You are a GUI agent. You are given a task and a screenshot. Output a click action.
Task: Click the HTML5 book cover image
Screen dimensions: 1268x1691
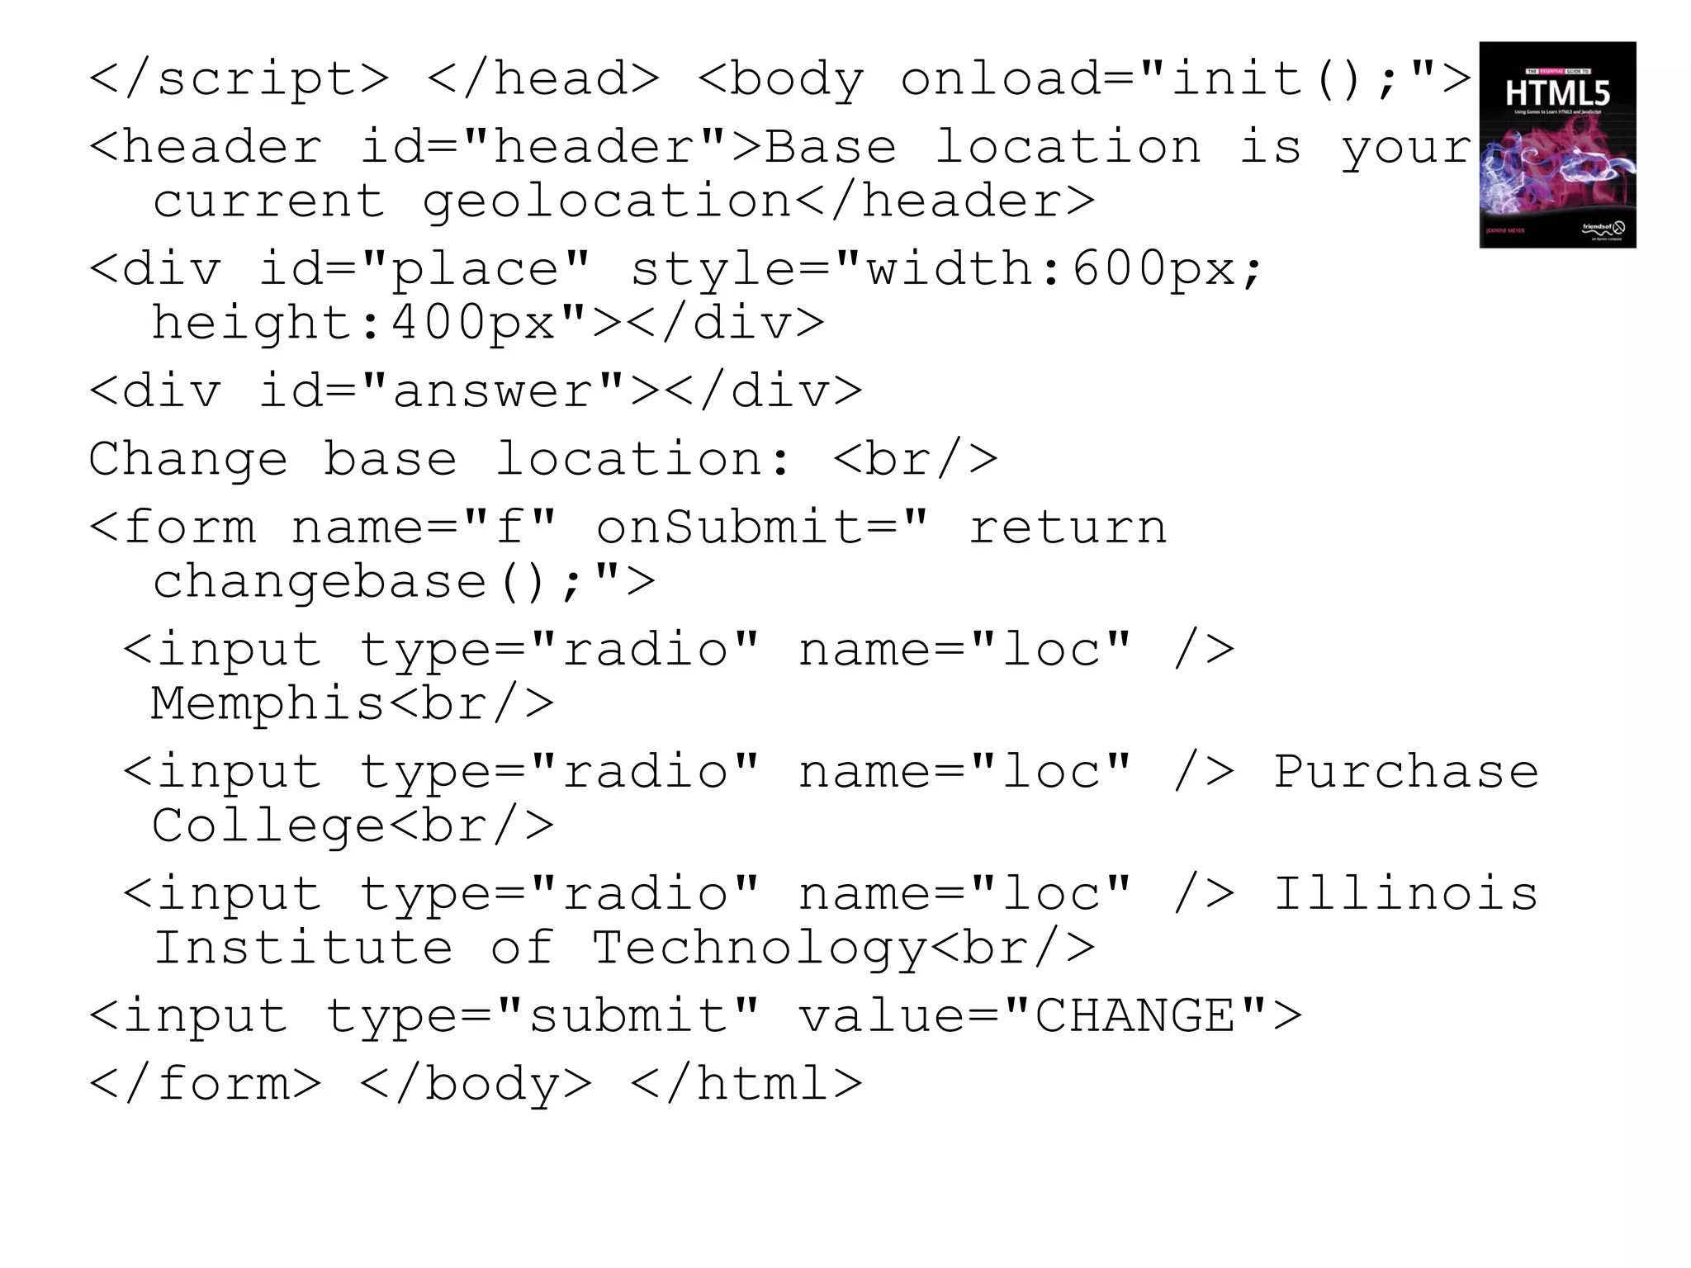(x=1557, y=144)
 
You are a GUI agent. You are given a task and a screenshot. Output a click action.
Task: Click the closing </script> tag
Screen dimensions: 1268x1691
(x=239, y=79)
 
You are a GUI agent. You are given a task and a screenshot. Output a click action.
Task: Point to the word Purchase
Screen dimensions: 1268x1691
(x=1405, y=772)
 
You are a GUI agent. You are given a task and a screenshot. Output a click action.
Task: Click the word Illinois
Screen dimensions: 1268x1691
(x=1405, y=894)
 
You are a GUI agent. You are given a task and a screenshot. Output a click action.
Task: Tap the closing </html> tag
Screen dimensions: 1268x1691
(x=746, y=1083)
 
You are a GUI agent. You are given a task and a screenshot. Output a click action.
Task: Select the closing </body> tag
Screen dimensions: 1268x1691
(x=476, y=1083)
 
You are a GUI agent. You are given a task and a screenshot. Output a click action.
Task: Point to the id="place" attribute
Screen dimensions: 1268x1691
(x=424, y=269)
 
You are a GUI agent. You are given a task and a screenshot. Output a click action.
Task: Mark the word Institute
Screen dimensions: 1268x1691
(x=303, y=948)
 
